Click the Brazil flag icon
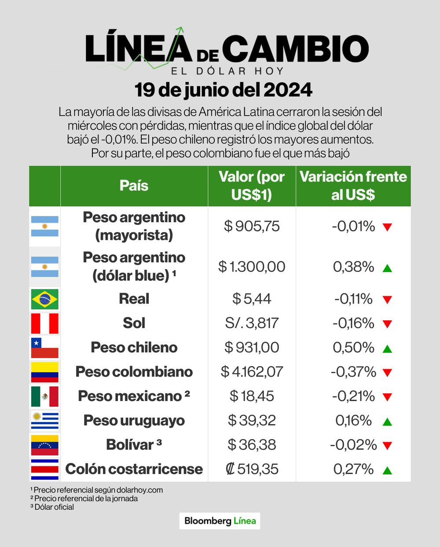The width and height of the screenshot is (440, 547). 44,299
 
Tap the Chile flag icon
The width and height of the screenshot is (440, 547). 44,348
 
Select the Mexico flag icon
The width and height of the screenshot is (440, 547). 44,396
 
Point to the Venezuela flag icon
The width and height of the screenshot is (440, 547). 44,445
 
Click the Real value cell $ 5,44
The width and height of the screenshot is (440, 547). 252,299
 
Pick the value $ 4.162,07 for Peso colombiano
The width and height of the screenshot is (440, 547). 252,372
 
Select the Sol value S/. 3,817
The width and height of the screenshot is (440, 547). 252,323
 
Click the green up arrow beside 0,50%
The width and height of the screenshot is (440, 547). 387,349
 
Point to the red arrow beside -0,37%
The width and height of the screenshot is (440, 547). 387,373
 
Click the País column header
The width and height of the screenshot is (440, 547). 134,185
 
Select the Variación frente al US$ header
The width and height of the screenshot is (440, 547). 353,185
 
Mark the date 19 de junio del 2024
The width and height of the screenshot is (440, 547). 223,90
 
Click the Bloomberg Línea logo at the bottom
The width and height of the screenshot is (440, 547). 220,521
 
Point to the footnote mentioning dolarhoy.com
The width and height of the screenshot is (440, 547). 97,490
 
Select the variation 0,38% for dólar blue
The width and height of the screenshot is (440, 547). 353,267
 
